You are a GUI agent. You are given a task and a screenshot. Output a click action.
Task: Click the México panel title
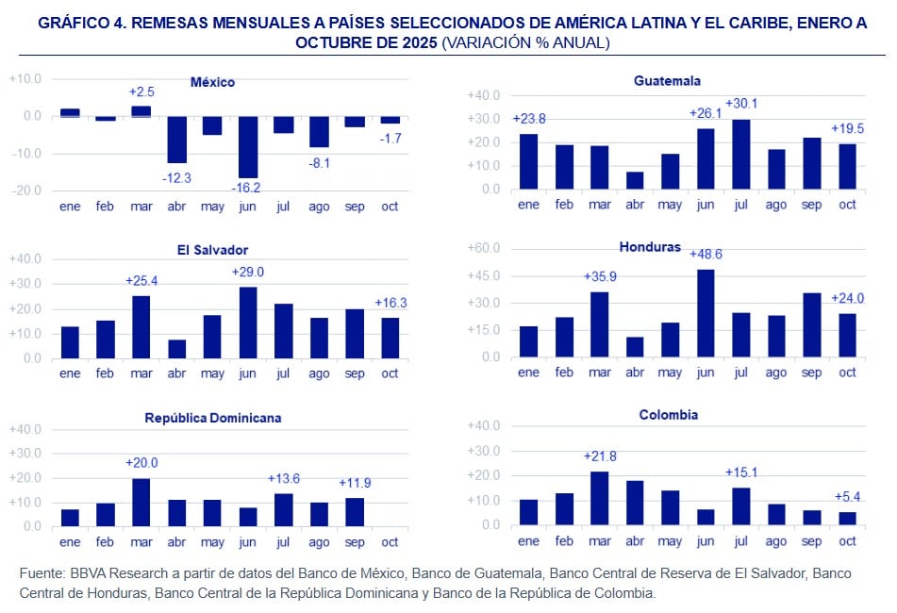212,82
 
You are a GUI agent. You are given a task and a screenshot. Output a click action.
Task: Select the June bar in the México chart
248,146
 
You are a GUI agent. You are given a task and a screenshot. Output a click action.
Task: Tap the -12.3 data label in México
176,178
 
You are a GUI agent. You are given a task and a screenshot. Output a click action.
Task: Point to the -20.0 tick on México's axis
25,190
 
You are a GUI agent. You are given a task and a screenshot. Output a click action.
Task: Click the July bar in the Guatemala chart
741,154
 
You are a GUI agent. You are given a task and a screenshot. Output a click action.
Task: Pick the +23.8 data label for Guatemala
529,119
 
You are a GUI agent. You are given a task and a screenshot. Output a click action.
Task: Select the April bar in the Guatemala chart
635,180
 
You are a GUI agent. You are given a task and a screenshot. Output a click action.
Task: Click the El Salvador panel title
212,250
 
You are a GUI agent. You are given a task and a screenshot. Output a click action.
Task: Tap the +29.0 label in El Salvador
249,272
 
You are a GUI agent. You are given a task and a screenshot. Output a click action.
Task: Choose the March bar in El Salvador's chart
141,326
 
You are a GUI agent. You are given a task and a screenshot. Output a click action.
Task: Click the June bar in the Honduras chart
706,313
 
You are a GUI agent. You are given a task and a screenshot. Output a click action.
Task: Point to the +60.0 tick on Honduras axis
483,249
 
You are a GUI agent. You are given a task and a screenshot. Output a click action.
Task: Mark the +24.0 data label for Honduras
847,299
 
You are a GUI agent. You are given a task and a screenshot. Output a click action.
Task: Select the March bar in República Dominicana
141,502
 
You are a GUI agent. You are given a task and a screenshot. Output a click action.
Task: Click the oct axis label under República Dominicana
390,542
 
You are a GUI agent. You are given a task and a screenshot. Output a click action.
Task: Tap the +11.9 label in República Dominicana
356,483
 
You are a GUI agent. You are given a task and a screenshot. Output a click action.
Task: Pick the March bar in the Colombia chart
600,498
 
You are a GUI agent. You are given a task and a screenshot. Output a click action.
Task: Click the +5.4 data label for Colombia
848,497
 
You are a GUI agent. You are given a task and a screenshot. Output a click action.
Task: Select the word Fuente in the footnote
42,573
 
